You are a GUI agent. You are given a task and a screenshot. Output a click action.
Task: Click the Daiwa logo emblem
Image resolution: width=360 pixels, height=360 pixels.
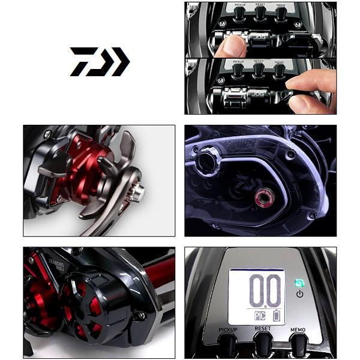(x=99, y=61)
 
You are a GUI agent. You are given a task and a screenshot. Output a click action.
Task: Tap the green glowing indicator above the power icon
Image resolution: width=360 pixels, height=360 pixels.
(x=299, y=282)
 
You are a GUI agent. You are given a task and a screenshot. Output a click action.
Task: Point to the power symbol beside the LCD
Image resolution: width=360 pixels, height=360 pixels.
(x=299, y=293)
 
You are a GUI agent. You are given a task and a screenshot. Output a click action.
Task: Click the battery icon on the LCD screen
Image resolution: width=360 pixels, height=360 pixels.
(x=276, y=316)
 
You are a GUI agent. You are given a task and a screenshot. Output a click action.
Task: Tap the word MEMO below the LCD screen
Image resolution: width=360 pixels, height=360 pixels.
(x=299, y=329)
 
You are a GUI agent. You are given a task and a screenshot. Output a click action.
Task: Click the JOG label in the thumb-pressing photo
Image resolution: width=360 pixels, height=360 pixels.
(x=260, y=36)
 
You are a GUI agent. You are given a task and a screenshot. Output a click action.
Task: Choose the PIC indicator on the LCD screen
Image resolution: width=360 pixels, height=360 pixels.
(x=259, y=316)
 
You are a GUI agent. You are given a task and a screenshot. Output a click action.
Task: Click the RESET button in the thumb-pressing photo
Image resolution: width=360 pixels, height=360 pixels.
(x=259, y=13)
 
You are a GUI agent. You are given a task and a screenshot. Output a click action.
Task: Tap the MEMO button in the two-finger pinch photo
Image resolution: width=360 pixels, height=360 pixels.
(x=280, y=70)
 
